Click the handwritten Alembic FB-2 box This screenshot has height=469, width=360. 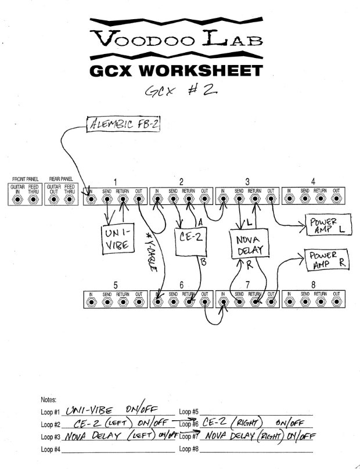pos(123,124)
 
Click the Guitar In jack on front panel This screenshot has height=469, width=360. pos(17,200)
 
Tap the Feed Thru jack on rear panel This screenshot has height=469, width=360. pos(70,200)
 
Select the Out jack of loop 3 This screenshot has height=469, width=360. pos(271,200)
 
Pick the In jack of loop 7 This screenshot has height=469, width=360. pos(224,303)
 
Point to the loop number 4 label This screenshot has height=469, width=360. pos(312,181)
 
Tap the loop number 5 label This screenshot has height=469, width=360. pos(116,284)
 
